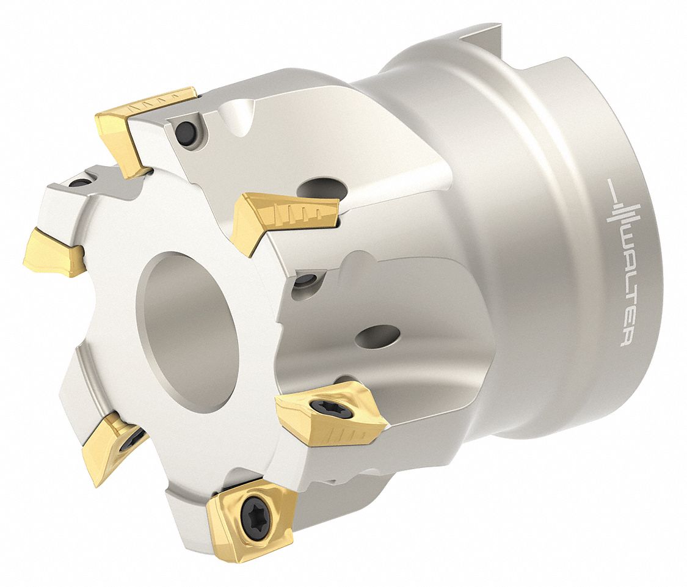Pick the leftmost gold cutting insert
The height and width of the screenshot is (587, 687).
[53, 252]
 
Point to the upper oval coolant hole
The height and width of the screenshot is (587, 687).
[323, 189]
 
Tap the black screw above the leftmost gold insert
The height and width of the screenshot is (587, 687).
[79, 181]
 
